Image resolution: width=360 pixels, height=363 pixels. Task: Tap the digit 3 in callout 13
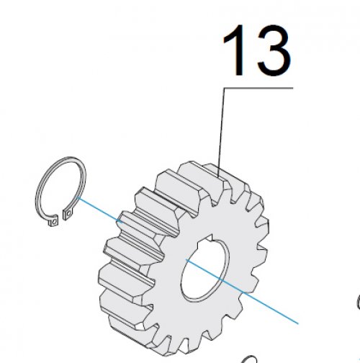274,50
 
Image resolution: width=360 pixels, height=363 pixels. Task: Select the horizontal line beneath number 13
258,88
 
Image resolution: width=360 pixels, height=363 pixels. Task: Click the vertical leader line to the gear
221,133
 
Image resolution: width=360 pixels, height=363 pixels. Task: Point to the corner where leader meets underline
225,88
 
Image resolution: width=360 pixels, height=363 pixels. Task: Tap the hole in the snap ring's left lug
55,220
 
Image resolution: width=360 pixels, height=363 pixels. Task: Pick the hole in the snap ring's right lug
69,213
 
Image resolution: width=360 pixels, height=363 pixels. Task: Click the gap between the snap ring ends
60,218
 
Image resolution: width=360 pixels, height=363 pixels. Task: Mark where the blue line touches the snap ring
77,197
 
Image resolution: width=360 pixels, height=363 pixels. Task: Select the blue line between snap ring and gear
100,210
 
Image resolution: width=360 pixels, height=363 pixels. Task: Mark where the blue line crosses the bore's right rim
220,279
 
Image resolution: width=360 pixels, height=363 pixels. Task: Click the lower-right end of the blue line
297,323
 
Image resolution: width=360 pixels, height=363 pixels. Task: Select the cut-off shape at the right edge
359,301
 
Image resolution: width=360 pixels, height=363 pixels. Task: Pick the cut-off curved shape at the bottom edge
248,359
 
